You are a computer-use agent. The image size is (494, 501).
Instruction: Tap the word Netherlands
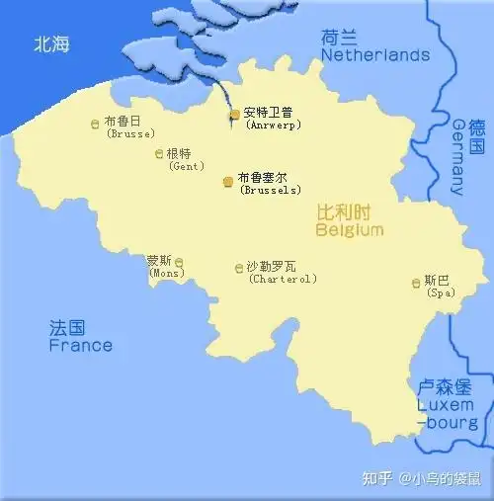click(375, 55)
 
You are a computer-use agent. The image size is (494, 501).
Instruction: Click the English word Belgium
click(349, 230)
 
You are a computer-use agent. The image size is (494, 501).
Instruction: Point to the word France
click(80, 346)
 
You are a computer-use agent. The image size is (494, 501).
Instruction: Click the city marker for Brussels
click(229, 182)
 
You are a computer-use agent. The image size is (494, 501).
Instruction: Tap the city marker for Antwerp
click(235, 116)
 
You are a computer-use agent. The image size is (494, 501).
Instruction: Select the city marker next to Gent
click(159, 153)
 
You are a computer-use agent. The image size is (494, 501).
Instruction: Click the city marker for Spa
click(416, 284)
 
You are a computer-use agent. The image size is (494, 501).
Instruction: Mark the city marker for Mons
click(179, 263)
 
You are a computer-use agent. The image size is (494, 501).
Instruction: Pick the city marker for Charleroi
click(238, 268)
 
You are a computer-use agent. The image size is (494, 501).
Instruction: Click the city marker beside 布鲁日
click(95, 124)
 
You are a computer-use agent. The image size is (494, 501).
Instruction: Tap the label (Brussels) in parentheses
click(271, 190)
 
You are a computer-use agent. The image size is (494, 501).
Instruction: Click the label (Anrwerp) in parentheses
click(273, 125)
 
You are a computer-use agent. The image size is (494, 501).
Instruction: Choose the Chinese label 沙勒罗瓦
click(271, 266)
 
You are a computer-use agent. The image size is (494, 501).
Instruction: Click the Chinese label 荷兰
click(340, 38)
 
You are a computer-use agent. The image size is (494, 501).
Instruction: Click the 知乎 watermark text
click(376, 479)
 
